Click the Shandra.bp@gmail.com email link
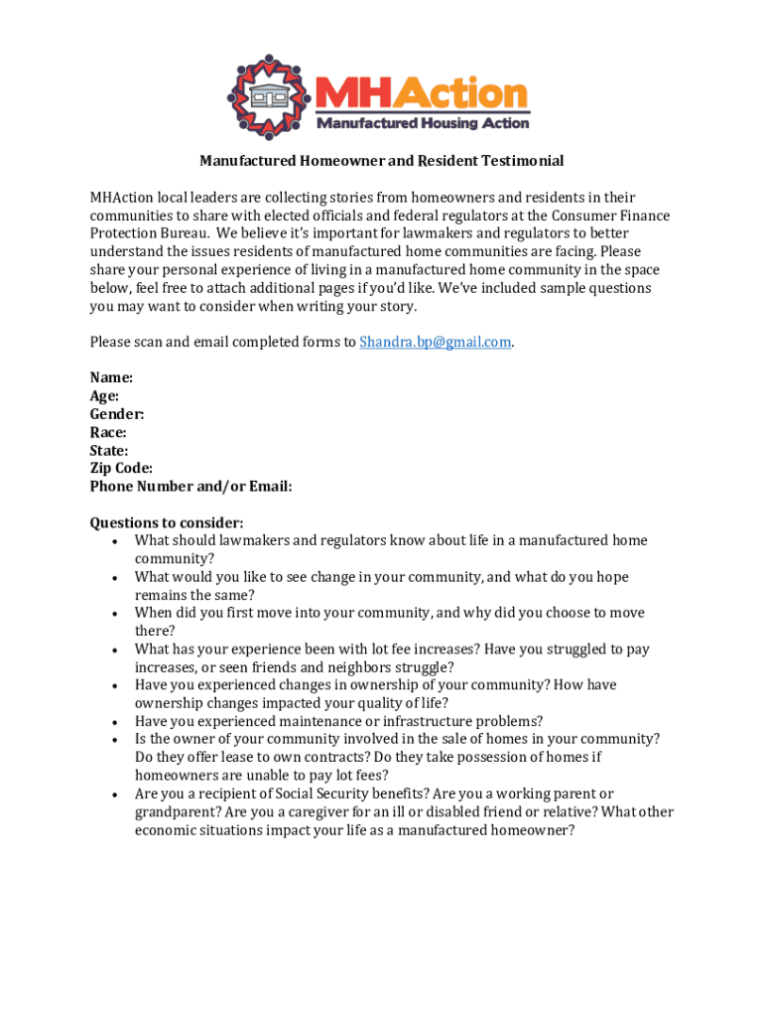(x=435, y=342)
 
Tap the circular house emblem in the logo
(x=268, y=96)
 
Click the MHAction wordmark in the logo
(x=421, y=94)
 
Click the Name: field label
(x=111, y=378)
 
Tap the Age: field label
(x=104, y=396)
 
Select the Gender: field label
(x=117, y=414)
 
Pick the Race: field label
(x=108, y=432)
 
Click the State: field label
(x=109, y=450)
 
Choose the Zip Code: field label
(x=121, y=468)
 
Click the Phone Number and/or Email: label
(x=191, y=487)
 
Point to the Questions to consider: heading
(x=167, y=522)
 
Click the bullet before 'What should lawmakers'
(x=117, y=541)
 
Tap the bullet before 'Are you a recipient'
(x=117, y=795)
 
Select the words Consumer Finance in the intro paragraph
(x=613, y=216)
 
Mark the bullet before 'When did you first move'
(x=117, y=614)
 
